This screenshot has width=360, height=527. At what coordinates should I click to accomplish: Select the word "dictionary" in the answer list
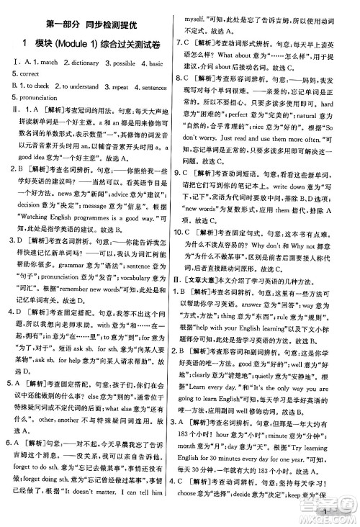[80, 63]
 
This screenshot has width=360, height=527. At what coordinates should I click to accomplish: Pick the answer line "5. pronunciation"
[33, 97]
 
